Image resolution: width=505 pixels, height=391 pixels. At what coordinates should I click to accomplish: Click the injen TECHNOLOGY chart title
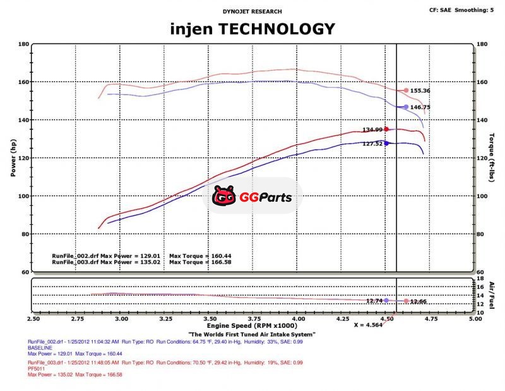pyautogui.click(x=252, y=28)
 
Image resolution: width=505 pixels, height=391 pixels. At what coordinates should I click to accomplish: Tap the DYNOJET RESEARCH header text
pyautogui.click(x=252, y=11)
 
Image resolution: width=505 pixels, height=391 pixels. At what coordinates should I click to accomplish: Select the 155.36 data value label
pyautogui.click(x=420, y=91)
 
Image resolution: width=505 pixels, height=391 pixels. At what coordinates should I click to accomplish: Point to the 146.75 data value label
pyautogui.click(x=420, y=107)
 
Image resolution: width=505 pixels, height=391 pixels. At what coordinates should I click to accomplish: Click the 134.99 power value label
pyautogui.click(x=372, y=130)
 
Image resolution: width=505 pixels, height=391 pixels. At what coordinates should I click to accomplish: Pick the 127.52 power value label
pyautogui.click(x=372, y=143)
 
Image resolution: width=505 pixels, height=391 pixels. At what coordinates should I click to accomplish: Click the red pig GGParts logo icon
pyautogui.click(x=224, y=198)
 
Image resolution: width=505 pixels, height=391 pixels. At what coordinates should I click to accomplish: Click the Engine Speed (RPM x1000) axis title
pyautogui.click(x=252, y=327)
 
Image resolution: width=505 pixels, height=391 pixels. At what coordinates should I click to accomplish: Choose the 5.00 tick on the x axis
pyautogui.click(x=475, y=320)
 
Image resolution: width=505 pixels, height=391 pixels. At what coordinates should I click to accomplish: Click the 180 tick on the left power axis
pyautogui.click(x=23, y=44)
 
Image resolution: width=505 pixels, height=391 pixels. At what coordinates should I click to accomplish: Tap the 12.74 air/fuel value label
pyautogui.click(x=375, y=301)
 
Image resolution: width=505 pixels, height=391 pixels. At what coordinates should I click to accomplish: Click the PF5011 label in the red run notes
pyautogui.click(x=36, y=370)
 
